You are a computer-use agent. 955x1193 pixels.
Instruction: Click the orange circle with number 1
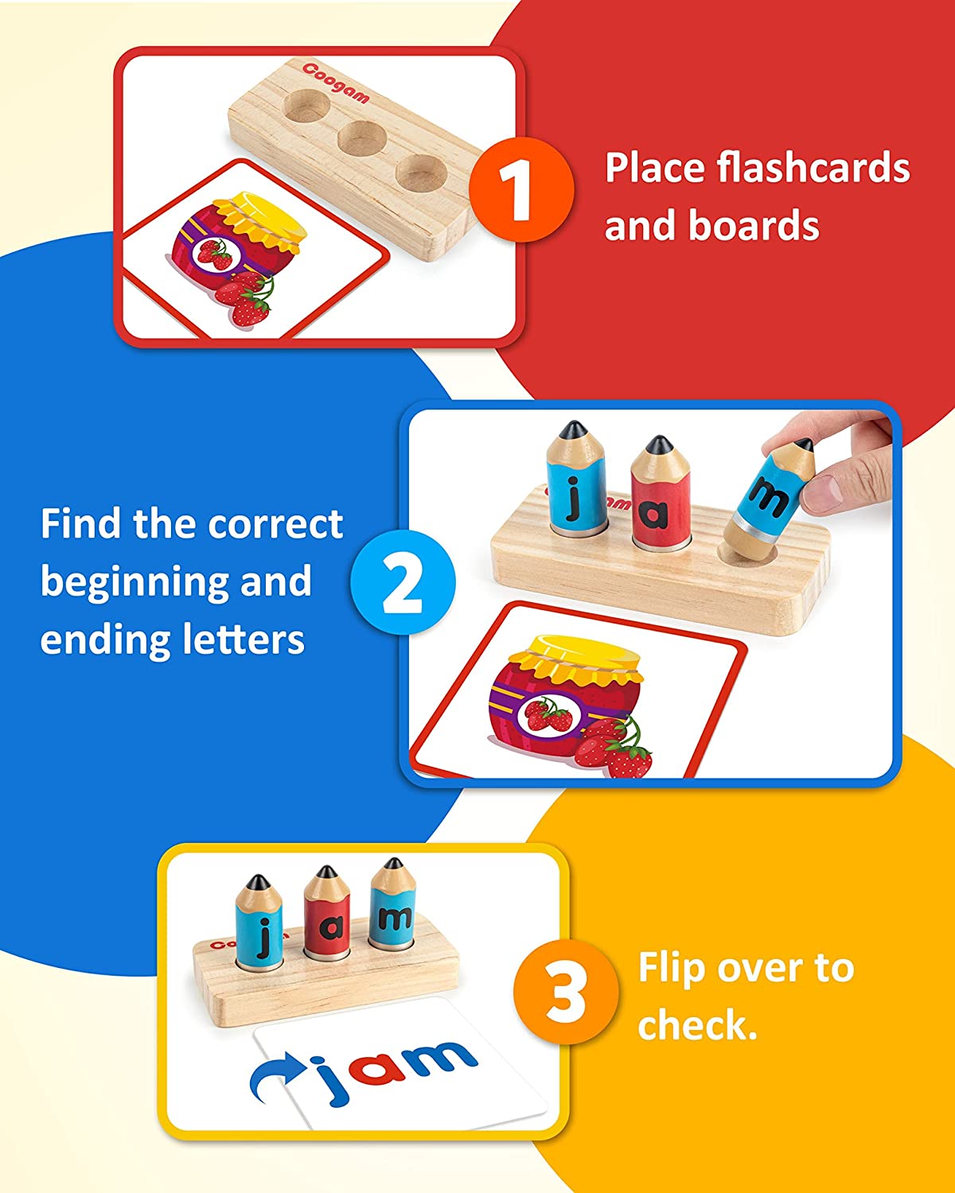pyautogui.click(x=520, y=189)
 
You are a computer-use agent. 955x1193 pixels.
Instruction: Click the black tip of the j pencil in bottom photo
pyautogui.click(x=256, y=882)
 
